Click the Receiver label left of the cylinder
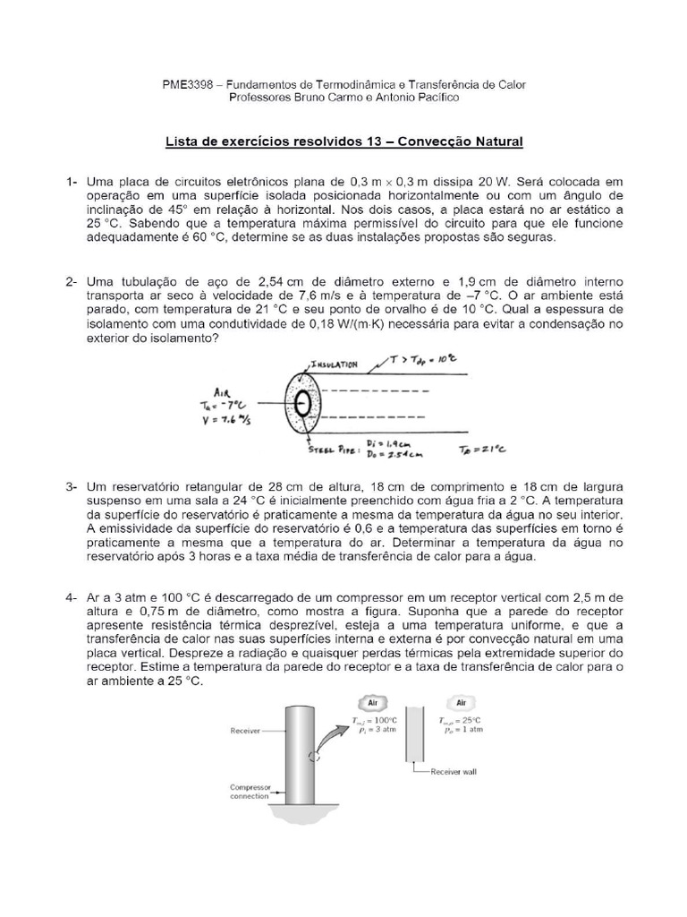(x=245, y=731)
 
